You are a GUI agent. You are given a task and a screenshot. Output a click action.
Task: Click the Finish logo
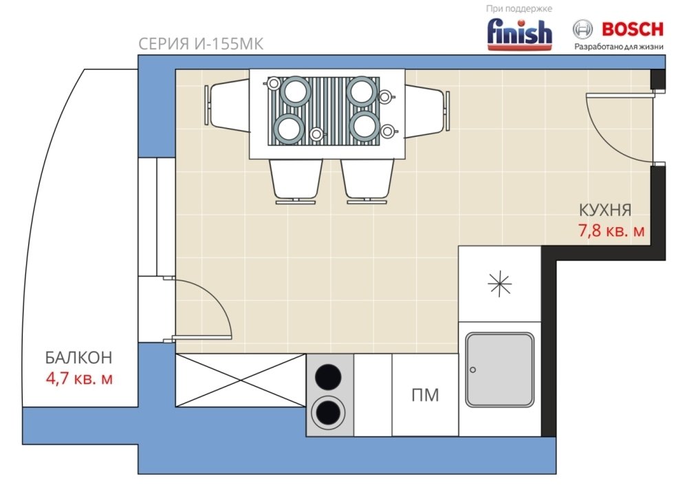coord(520,34)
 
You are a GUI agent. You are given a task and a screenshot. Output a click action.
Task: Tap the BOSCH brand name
coord(633,30)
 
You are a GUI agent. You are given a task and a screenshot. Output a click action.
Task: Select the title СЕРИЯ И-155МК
coord(201,44)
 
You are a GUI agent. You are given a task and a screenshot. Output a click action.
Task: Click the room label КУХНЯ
coord(605,210)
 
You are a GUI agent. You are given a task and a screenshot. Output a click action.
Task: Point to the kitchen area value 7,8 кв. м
coord(611,230)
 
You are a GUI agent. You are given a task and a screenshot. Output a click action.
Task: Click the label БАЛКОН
coord(79,358)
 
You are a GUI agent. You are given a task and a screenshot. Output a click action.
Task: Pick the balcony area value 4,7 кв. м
coord(79,378)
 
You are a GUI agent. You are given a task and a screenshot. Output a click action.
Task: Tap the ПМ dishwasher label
coord(425,396)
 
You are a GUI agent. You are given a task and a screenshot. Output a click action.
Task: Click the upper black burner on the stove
coord(328,377)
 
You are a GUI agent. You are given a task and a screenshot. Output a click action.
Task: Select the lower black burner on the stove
coord(328,413)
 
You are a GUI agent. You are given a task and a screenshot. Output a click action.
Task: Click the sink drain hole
coord(472,370)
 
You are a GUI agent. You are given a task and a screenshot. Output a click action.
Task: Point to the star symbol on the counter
coord(499,283)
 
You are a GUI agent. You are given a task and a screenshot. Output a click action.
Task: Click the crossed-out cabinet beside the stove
coord(241,380)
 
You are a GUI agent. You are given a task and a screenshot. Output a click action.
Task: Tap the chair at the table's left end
coord(227,105)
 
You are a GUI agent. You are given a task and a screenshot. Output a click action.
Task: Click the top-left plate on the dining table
coord(295,92)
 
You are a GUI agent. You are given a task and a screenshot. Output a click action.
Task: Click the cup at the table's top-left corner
coord(274,83)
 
